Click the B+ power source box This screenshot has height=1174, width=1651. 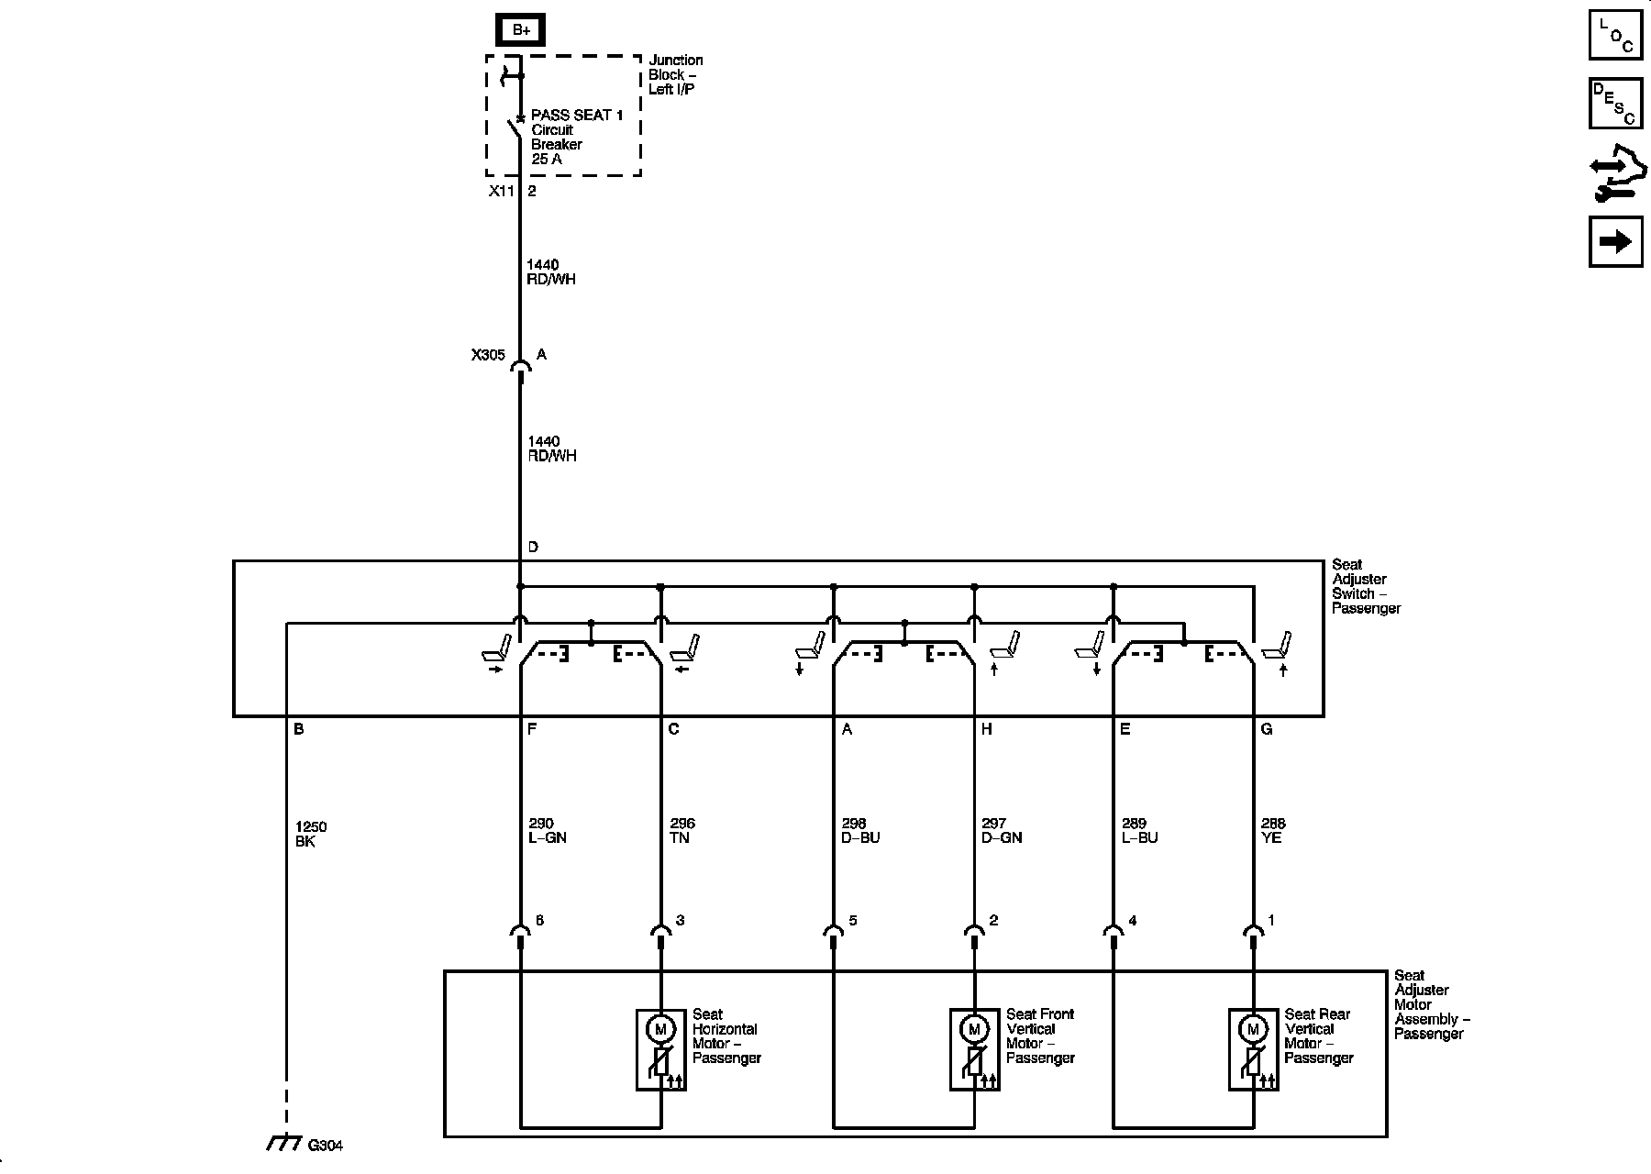click(x=521, y=29)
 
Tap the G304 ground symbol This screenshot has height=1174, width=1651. click(x=285, y=1143)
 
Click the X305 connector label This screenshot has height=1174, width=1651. click(x=488, y=355)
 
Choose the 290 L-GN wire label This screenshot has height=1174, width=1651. click(x=547, y=831)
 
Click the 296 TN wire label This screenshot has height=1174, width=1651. click(x=682, y=831)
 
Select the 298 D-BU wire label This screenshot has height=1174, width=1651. click(x=859, y=831)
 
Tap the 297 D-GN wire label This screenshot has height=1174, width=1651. click(x=1001, y=831)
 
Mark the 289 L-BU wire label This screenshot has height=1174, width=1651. click(x=1139, y=831)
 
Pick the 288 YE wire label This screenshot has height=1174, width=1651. click(x=1273, y=831)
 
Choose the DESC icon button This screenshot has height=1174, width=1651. click(x=1615, y=104)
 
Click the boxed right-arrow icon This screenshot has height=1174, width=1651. click(x=1615, y=241)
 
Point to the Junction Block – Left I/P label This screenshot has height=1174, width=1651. click(x=676, y=74)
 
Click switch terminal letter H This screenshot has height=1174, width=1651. click(x=987, y=729)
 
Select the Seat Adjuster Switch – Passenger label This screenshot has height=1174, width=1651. click(x=1366, y=586)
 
